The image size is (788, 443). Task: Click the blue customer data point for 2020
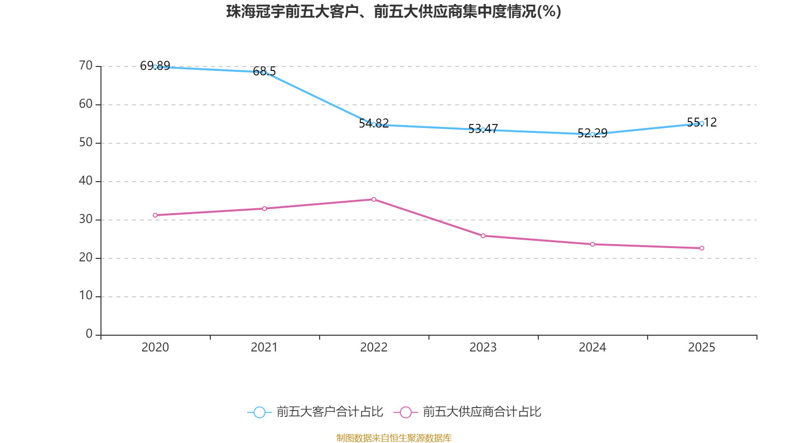click(155, 66)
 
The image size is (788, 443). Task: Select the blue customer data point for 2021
click(264, 73)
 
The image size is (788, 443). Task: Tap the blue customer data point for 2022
click(374, 125)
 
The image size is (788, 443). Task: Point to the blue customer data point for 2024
click(592, 134)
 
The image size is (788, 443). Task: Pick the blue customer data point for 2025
click(702, 124)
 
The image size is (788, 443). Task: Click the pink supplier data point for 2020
click(155, 215)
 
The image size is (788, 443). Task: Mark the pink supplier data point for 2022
click(374, 199)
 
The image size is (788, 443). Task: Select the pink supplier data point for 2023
click(483, 236)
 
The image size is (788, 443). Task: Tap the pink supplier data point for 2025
click(702, 248)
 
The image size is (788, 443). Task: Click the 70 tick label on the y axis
click(86, 65)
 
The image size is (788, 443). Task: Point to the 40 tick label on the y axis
click(86, 181)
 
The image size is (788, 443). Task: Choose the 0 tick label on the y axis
click(89, 334)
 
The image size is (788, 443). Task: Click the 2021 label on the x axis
click(264, 348)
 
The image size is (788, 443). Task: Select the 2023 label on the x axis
click(483, 348)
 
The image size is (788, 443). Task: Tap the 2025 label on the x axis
click(702, 348)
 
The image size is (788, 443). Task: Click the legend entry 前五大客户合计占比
click(329, 412)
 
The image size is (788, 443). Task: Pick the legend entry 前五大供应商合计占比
click(482, 412)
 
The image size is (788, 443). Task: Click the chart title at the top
click(394, 11)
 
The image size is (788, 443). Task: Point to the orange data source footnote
click(394, 438)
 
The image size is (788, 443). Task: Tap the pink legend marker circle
click(406, 412)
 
